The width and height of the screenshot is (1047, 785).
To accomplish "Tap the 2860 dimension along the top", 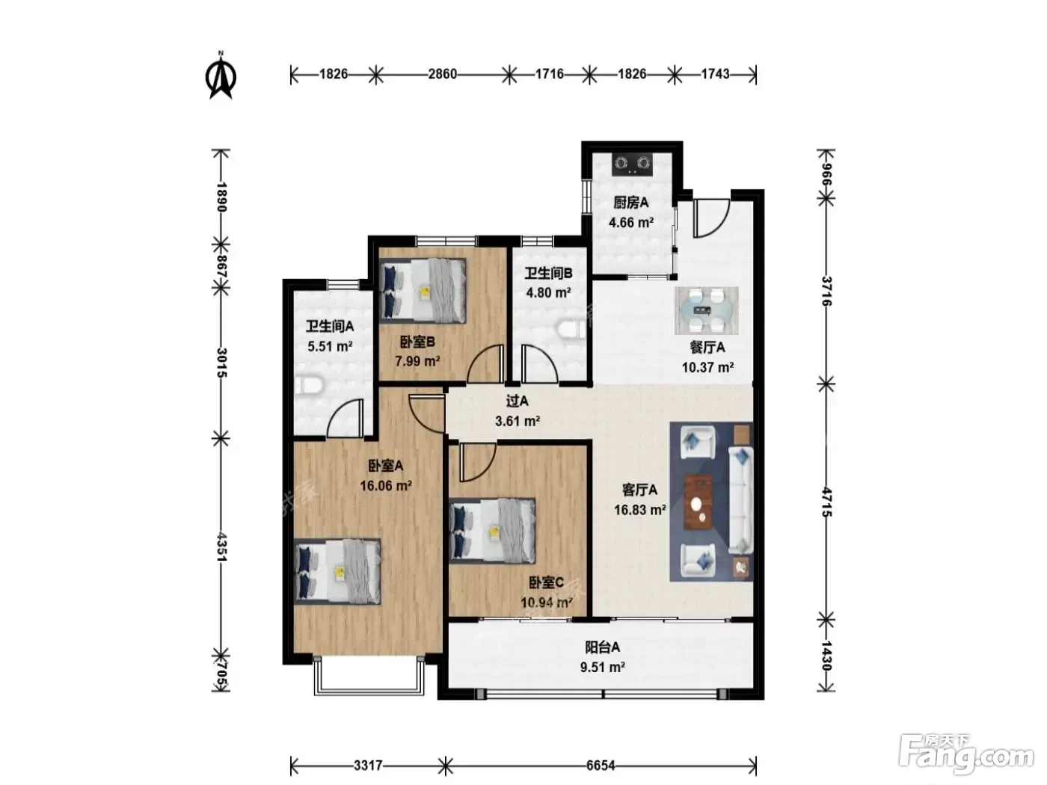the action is point(442,74).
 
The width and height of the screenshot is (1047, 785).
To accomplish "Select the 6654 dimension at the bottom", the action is point(601,766).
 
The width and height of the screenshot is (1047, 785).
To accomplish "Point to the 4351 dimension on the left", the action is point(221,547).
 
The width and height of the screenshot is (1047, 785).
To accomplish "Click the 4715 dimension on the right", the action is point(826,502).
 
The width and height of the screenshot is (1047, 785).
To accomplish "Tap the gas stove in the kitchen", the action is point(633,164).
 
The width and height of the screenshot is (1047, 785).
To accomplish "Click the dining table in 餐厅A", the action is point(706,311).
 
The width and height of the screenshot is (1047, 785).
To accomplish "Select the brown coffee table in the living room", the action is point(698,502).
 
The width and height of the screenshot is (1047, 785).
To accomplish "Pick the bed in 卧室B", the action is point(423,289).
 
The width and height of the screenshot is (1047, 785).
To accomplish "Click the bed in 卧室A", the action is point(337,571).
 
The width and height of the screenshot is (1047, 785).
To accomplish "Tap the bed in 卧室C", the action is point(492,531).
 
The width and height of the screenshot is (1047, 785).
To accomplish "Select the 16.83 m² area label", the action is point(639,510).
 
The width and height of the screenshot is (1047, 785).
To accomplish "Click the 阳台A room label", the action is point(603,647).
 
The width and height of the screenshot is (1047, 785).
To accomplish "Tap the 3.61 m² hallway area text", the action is point(518,422).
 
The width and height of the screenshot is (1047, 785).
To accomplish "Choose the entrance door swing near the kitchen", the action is point(710,218).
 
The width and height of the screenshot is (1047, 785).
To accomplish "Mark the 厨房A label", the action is point(630,203).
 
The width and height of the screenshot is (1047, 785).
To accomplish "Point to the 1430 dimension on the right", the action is point(826,656).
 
